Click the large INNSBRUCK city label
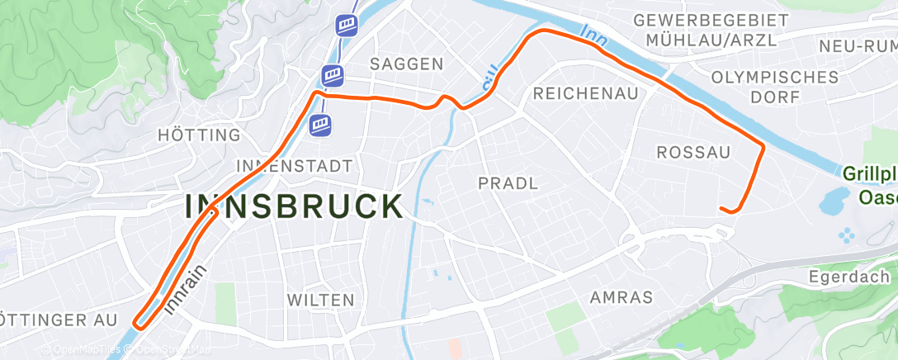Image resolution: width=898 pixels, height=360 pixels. click(x=294, y=206)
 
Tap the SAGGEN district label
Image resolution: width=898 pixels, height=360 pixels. click(x=407, y=64)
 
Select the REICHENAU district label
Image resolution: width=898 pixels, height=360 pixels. click(x=586, y=93)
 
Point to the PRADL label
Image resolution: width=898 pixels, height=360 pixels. click(x=508, y=183)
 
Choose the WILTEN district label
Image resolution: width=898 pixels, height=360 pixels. click(x=321, y=300)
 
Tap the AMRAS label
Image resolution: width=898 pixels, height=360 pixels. click(x=622, y=297)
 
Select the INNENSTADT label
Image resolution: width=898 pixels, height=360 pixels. click(x=294, y=165)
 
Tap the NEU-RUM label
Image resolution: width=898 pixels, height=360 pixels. click(x=858, y=46)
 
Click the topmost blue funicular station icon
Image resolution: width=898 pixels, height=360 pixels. click(x=347, y=25)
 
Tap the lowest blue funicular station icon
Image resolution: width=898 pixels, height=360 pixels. click(x=321, y=125)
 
